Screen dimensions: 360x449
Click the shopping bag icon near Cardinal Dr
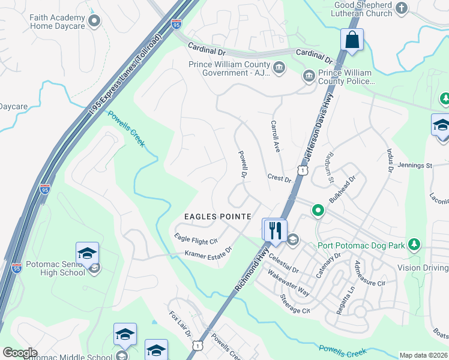pos(352,40)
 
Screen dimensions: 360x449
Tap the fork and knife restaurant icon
pos(276,230)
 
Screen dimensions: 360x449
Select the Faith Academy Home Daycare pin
pos(94,22)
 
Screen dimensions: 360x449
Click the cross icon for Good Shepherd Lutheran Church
pos(402,8)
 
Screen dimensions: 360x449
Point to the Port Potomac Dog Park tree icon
pos(413,244)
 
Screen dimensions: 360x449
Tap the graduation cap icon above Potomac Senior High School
pos(87,253)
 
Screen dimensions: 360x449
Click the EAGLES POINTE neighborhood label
pos(217,216)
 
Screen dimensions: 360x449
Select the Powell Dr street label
pos(243,164)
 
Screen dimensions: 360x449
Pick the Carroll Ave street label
pos(276,137)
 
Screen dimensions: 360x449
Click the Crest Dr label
pos(279,179)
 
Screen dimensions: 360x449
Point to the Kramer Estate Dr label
pos(208,254)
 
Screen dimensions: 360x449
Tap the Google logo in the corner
pos(20,353)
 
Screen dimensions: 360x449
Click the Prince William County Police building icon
pos(309,75)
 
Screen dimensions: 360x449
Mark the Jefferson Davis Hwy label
pos(320,128)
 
